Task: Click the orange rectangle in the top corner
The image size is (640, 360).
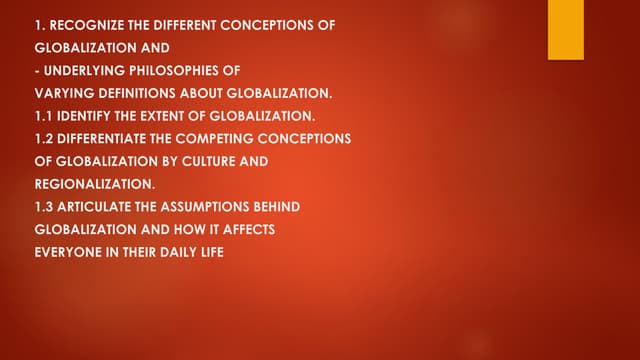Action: pyautogui.click(x=567, y=29)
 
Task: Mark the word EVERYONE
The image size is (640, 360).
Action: pyautogui.click(x=66, y=252)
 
